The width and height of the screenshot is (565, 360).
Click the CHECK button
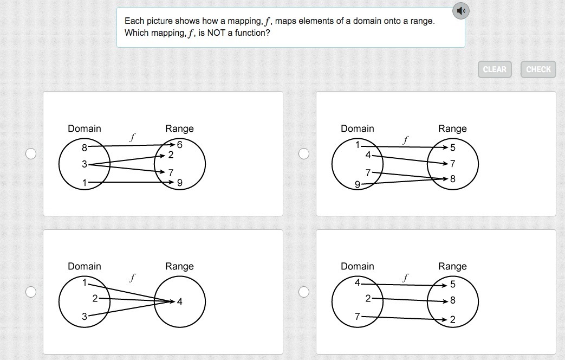(x=538, y=69)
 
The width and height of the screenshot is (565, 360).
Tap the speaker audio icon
(x=461, y=11)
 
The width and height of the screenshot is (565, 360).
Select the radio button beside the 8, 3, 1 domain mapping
(x=31, y=153)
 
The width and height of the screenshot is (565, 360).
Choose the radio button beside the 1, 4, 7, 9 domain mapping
(x=304, y=153)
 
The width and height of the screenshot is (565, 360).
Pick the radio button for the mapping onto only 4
(x=31, y=292)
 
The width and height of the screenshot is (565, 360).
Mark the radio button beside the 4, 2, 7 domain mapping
(x=304, y=292)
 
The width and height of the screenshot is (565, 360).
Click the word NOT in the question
(x=216, y=33)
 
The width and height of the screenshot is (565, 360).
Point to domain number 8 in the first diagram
(x=85, y=147)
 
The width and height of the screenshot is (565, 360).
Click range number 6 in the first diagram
(x=179, y=145)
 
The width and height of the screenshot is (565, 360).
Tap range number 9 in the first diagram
(x=179, y=183)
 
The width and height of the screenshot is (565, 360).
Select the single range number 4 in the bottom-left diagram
(x=179, y=301)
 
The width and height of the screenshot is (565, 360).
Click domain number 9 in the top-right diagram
(x=358, y=184)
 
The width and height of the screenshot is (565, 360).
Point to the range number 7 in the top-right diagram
(x=452, y=164)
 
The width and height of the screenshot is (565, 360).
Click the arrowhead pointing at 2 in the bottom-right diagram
(x=444, y=319)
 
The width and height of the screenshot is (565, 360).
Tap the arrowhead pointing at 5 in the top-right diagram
(x=445, y=147)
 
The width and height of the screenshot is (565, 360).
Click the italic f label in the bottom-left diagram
(x=132, y=278)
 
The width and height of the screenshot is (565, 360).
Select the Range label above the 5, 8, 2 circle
(x=452, y=266)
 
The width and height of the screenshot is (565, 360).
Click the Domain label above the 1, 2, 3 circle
(x=85, y=266)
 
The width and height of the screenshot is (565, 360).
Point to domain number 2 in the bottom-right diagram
(x=368, y=298)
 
